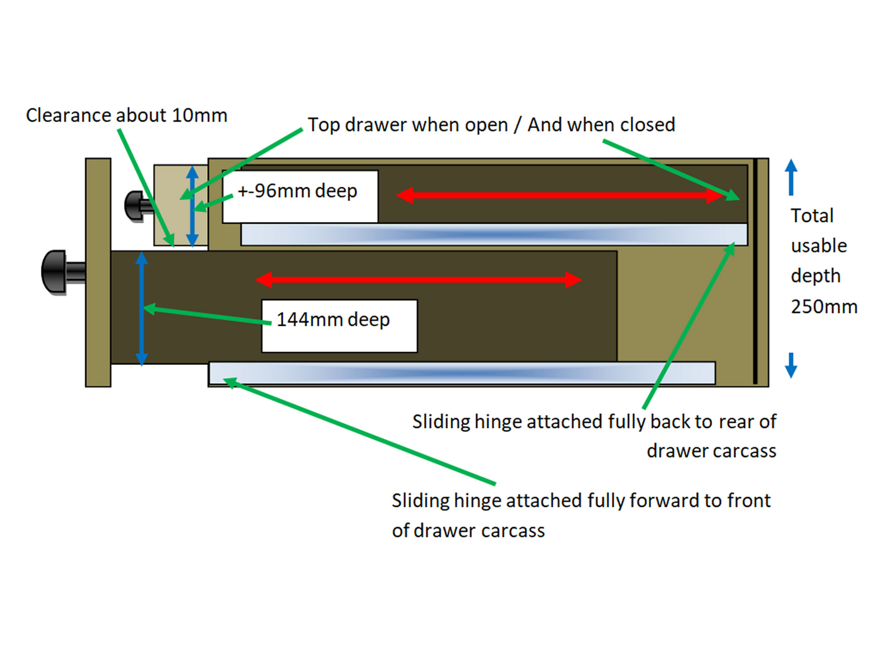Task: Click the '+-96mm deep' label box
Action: (300, 196)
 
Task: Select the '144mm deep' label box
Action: (339, 326)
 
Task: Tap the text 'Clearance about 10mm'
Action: (127, 116)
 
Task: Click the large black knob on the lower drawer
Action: (56, 272)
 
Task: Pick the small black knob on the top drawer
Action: (134, 205)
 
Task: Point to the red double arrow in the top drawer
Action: (560, 195)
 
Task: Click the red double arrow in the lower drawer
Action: (418, 280)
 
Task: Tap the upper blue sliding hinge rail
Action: (493, 234)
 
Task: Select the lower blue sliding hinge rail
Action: (462, 373)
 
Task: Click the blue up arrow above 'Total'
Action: (791, 177)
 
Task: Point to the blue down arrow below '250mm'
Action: (791, 366)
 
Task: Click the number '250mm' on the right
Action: (824, 307)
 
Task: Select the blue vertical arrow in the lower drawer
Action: (142, 308)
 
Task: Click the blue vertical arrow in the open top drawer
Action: (192, 206)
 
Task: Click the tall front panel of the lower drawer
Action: (98, 272)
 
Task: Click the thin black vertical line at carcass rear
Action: (755, 271)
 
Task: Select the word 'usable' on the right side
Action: (819, 246)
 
